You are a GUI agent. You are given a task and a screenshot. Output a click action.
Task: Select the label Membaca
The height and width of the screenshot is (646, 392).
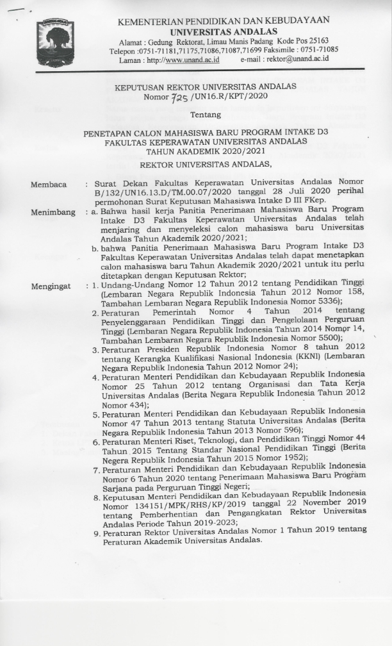[x=49, y=185]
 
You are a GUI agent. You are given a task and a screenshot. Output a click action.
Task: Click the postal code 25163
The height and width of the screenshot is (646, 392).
[x=324, y=40]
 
